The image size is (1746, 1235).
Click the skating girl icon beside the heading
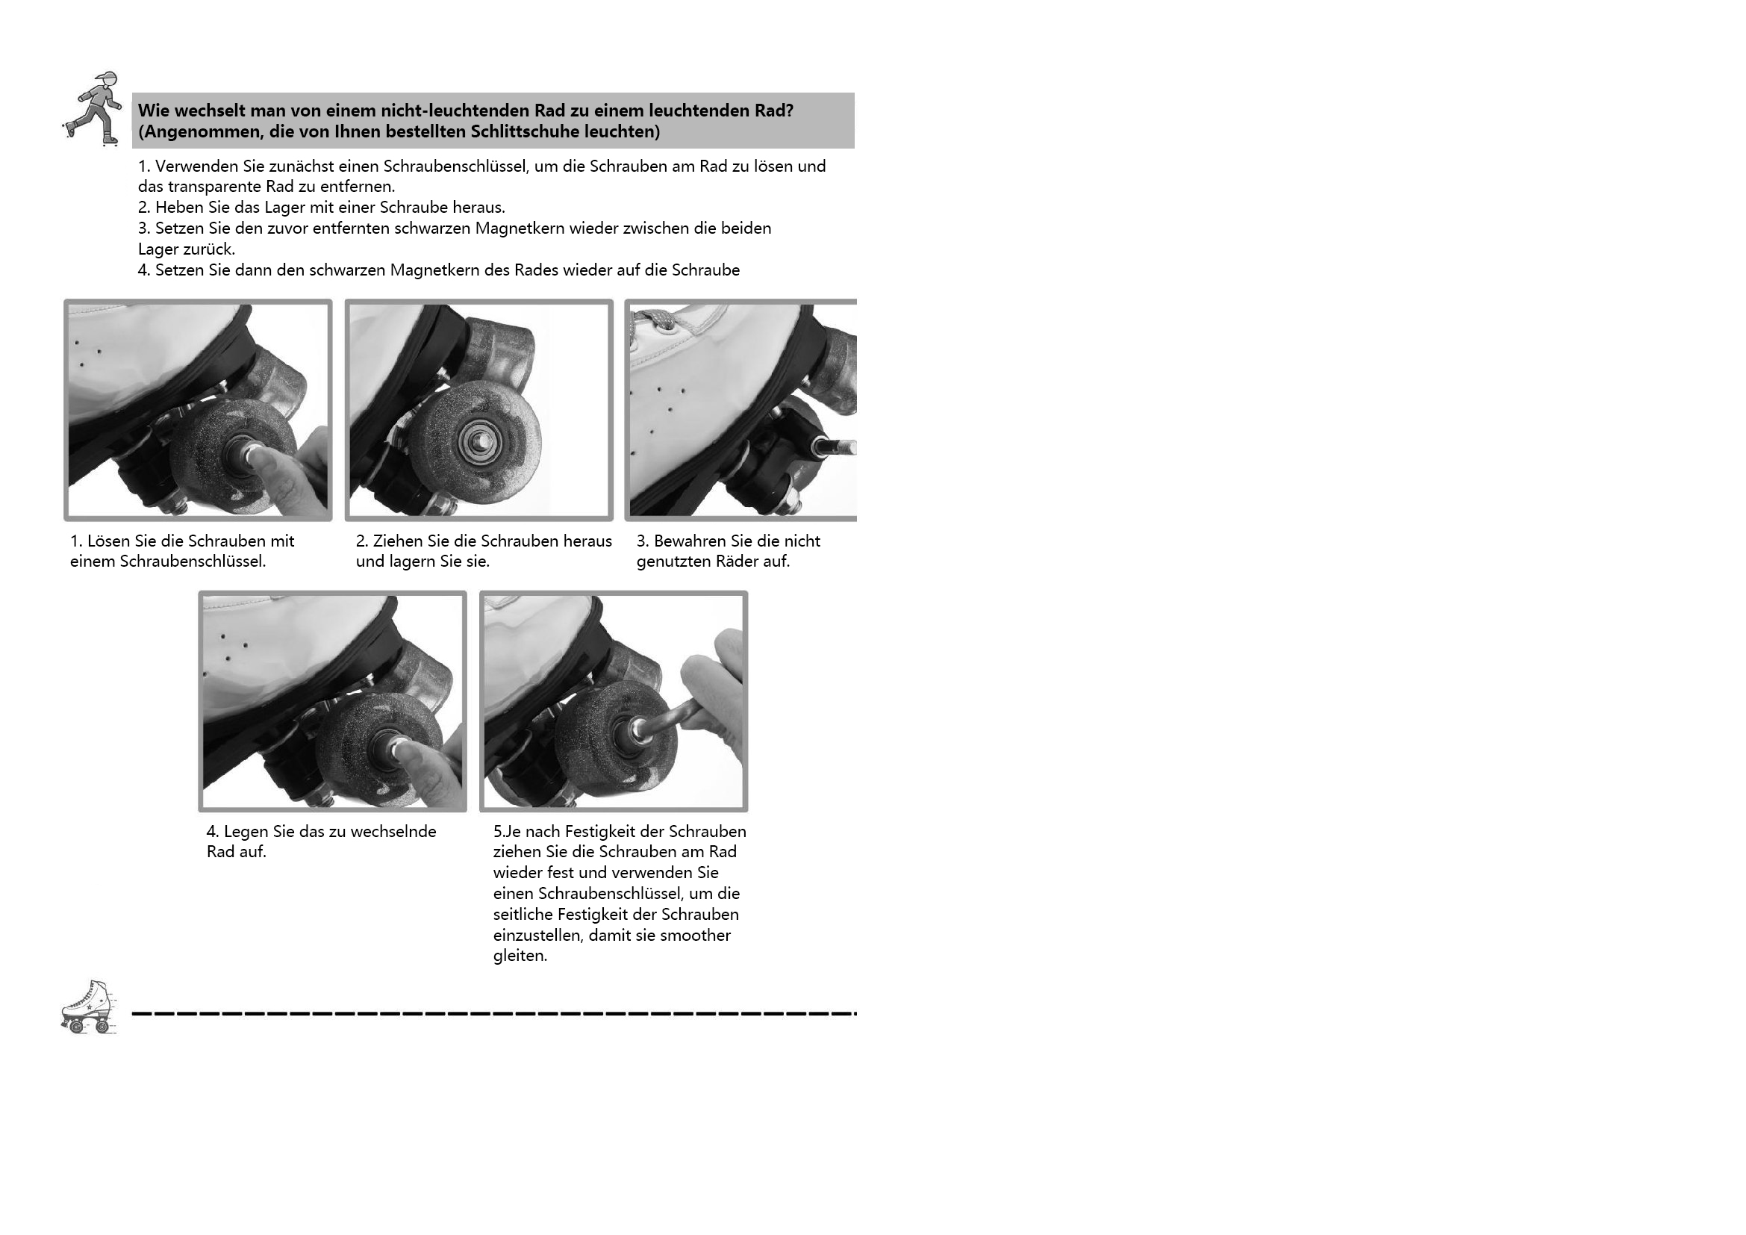pos(92,108)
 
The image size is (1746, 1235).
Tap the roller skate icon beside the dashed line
pos(89,1007)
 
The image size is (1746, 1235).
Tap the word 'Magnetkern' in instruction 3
pos(519,228)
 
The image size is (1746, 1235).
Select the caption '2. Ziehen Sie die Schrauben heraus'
pos(484,541)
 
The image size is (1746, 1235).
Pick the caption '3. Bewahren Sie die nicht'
pos(729,541)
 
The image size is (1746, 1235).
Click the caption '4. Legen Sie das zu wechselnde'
pos(322,832)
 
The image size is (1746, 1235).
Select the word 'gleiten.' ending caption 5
pos(520,956)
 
